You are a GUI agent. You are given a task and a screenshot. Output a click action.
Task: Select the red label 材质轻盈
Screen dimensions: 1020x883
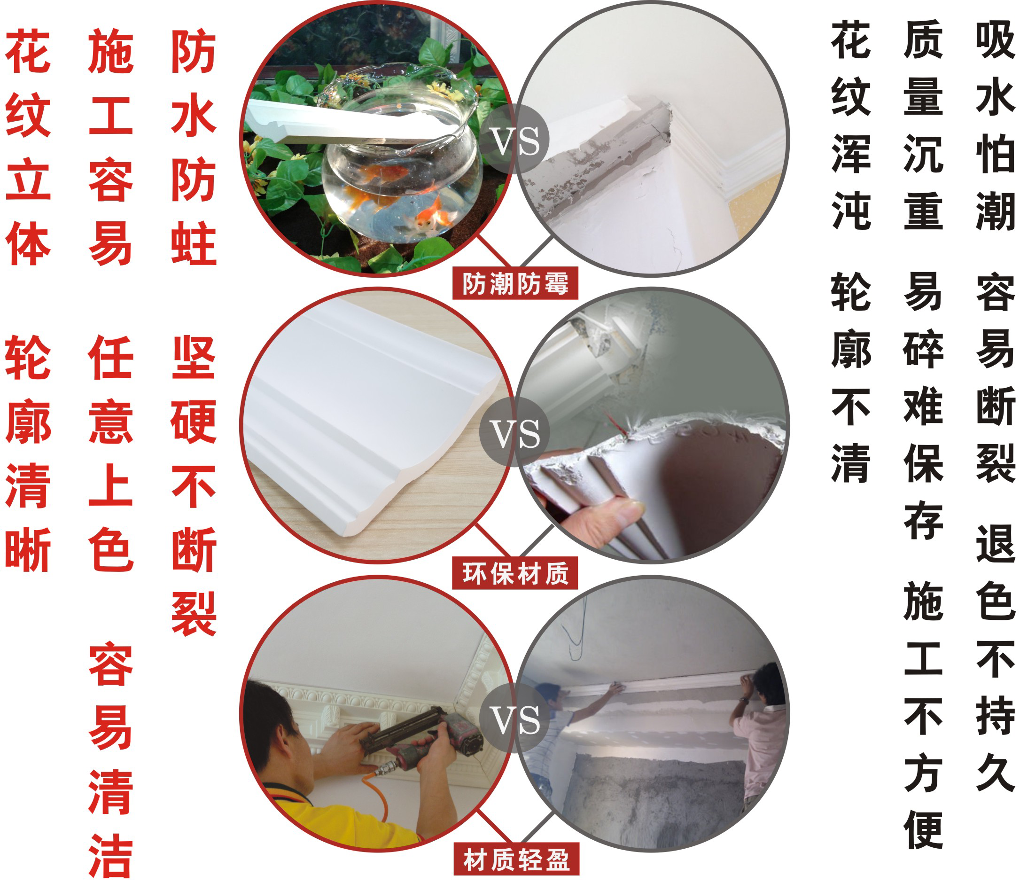tap(516, 860)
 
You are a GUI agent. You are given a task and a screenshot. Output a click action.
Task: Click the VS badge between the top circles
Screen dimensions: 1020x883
tap(514, 140)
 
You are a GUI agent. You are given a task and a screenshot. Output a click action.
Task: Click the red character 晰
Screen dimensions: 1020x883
tap(28, 549)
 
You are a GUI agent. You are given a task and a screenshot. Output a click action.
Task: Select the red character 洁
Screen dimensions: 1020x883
tap(111, 857)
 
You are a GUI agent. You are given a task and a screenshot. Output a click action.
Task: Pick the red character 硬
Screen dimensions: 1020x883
tap(194, 422)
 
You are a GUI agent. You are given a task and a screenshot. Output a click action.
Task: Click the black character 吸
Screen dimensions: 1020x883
tap(996, 40)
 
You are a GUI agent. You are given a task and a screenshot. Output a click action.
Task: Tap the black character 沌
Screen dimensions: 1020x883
tap(851, 211)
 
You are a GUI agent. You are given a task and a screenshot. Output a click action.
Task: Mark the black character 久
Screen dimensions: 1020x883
tap(996, 774)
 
